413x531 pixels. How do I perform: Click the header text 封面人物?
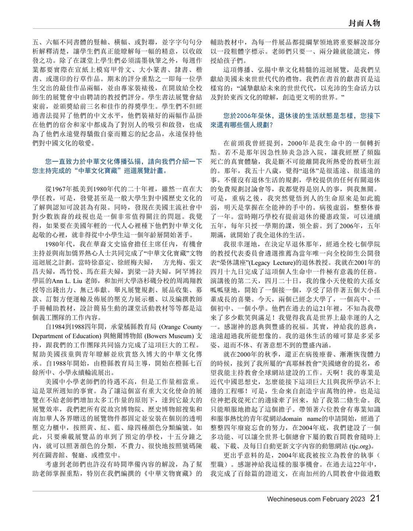pyautogui.click(x=364, y=23)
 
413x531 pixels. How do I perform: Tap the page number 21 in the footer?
pyautogui.click(x=375, y=499)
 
